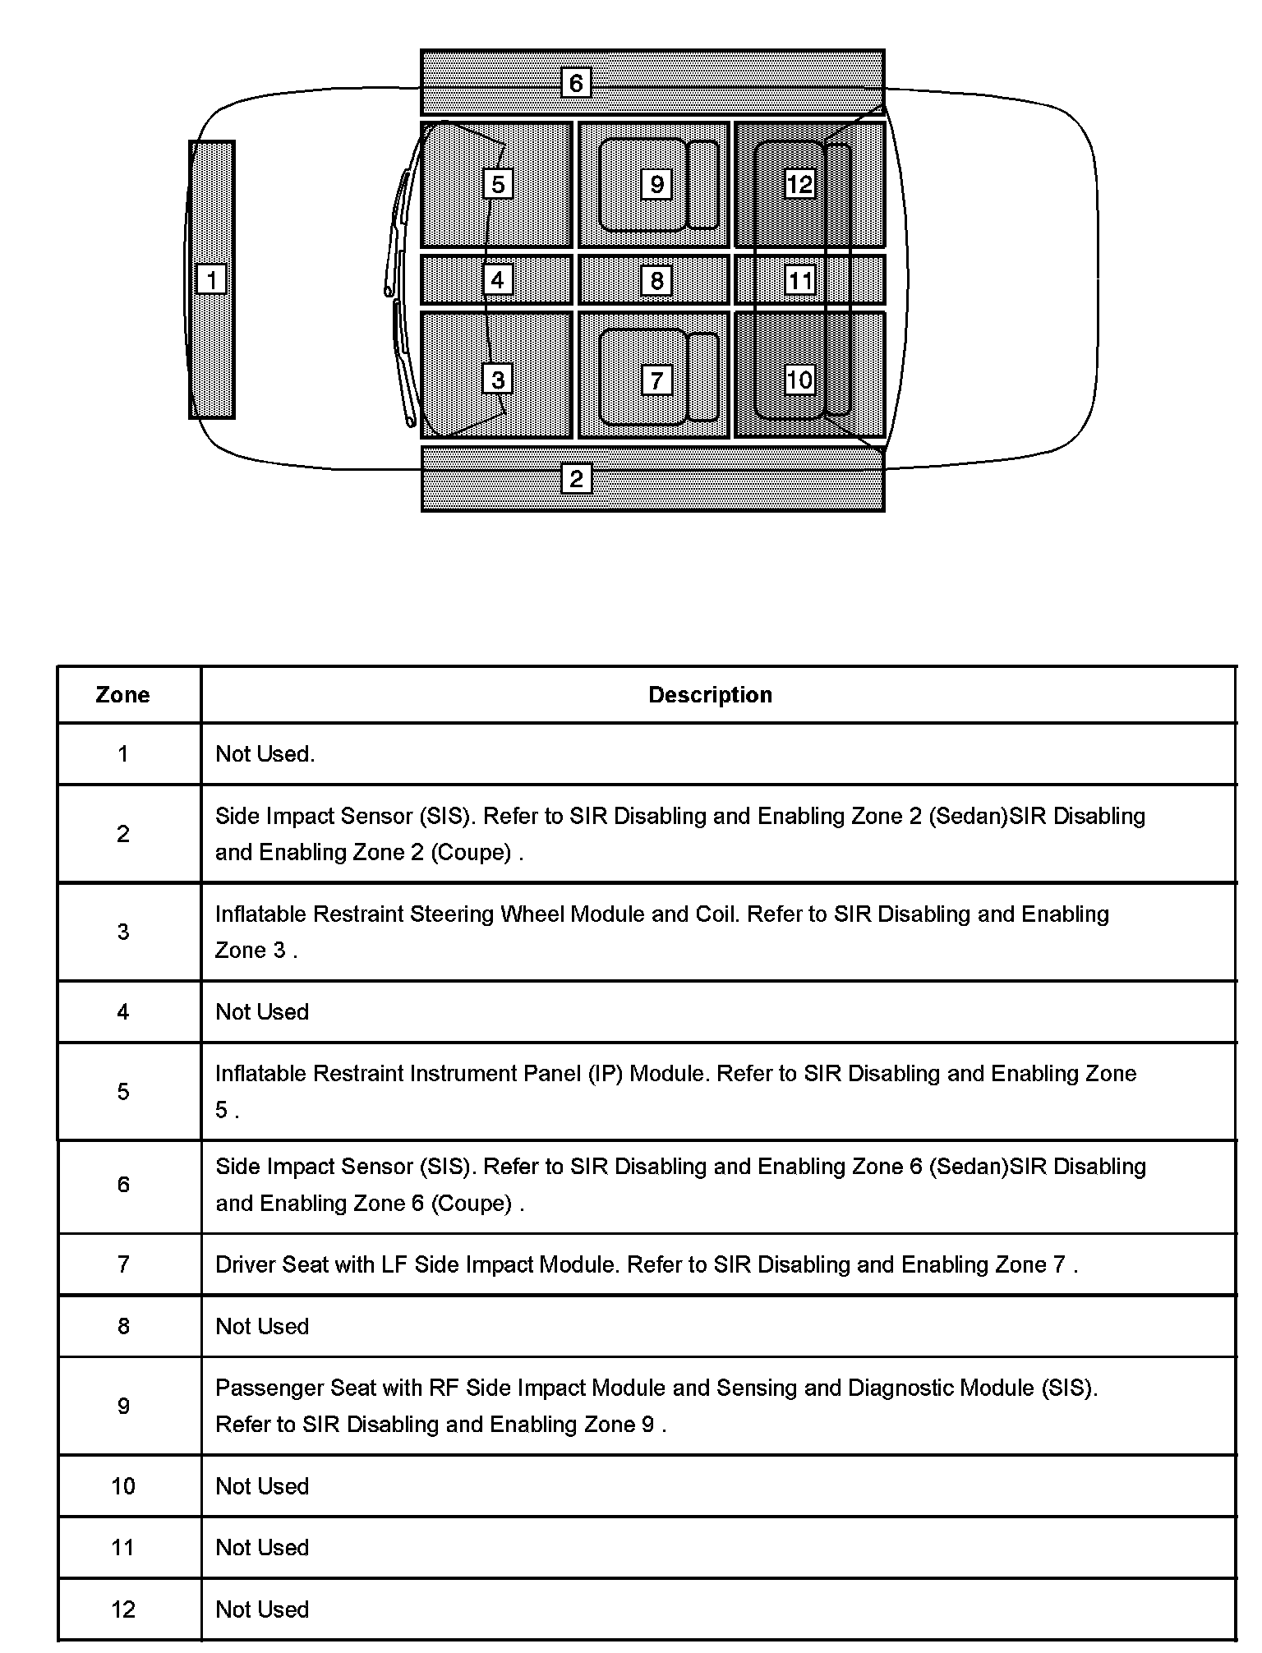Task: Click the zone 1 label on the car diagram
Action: click(211, 279)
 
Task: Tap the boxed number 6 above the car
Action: click(576, 82)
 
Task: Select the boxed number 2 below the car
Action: click(576, 478)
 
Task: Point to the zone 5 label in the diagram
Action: click(498, 184)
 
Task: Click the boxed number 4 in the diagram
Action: click(497, 280)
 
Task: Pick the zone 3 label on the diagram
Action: click(498, 380)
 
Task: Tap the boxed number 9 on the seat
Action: click(656, 184)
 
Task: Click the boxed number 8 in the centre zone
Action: click(656, 281)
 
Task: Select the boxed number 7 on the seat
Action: click(656, 380)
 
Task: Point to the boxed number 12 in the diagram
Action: click(799, 184)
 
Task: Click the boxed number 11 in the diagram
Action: click(799, 281)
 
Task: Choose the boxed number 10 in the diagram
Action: click(799, 380)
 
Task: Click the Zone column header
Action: click(122, 695)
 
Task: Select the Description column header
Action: click(710, 695)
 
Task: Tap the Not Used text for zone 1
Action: click(265, 754)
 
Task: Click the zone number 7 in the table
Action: click(123, 1264)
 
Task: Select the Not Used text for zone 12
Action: click(262, 1609)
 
